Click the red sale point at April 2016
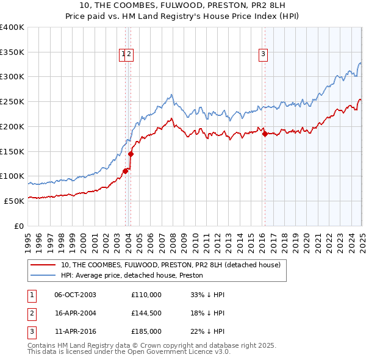265,134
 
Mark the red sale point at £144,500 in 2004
131,154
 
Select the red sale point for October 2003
125,171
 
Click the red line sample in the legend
43,265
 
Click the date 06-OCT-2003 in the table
75,295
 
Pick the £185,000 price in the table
146,331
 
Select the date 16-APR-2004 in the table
75,313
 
